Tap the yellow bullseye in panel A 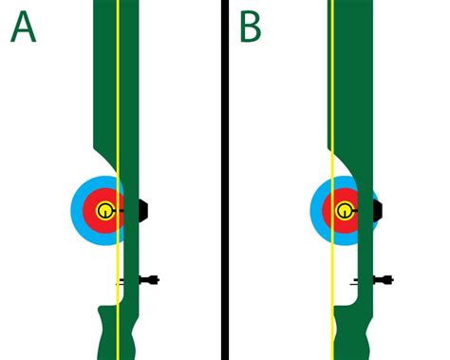click(104, 210)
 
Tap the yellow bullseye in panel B click(343, 210)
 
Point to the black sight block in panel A click(142, 210)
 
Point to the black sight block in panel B click(378, 210)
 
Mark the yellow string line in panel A click(117, 95)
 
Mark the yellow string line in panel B click(331, 95)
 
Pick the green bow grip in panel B click(354, 332)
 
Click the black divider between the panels click(226, 180)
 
